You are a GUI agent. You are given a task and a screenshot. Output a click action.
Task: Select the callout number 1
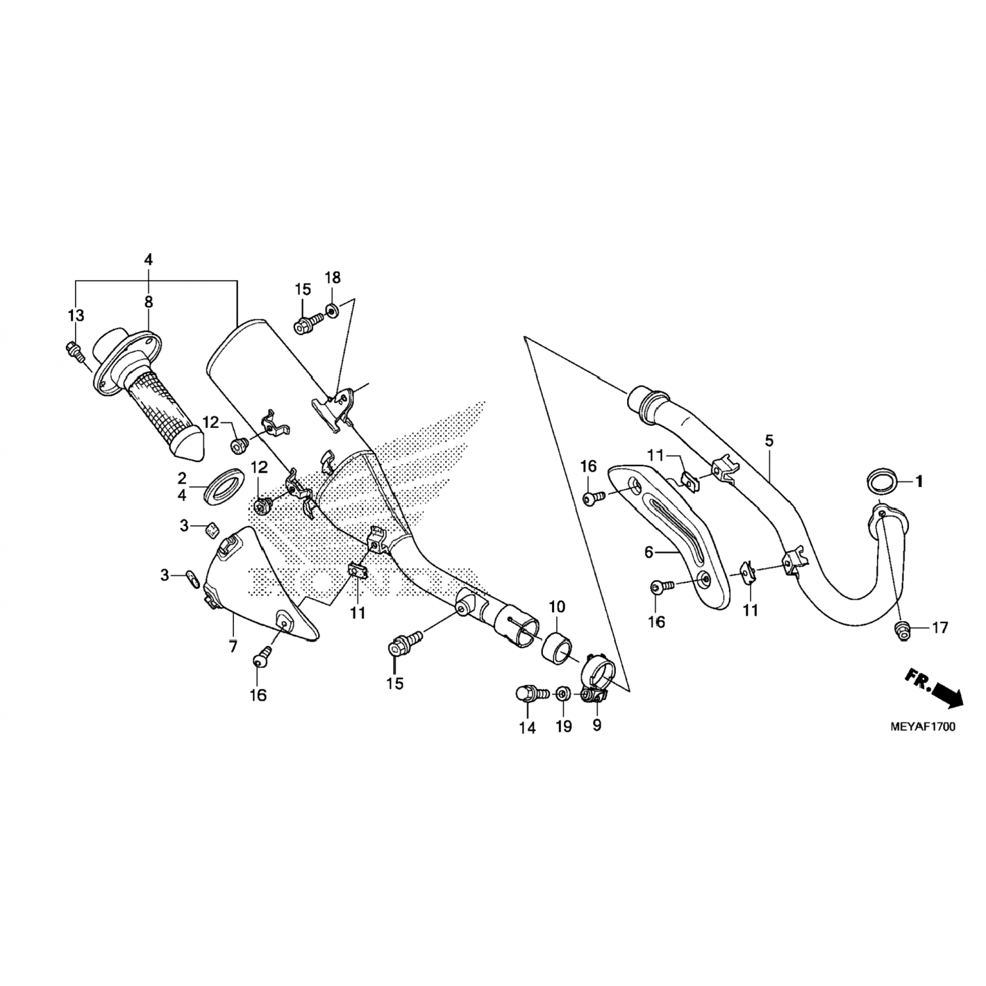(x=920, y=482)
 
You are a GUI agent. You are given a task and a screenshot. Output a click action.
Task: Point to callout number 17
(x=940, y=628)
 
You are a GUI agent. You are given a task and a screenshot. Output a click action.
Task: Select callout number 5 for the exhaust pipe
(x=770, y=441)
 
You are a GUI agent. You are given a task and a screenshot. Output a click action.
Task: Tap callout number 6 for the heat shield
(x=649, y=553)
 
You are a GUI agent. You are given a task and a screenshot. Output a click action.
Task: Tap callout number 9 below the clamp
(x=597, y=726)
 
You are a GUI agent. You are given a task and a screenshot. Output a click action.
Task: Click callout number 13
(x=76, y=316)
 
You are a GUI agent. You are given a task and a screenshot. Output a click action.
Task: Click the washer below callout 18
(x=333, y=309)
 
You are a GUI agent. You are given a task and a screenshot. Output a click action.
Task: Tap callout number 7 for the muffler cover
(x=233, y=646)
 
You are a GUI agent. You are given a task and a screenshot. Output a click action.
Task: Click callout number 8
(x=149, y=302)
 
